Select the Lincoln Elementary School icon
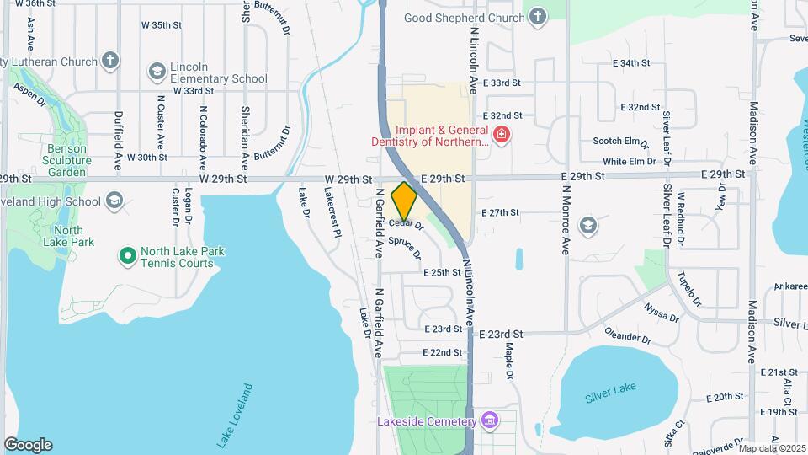tap(156, 72)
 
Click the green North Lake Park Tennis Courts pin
tap(127, 254)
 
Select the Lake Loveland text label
tap(235, 415)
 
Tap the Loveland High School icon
tap(114, 201)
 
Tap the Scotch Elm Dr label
tap(621, 142)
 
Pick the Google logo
tap(28, 445)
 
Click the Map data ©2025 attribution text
tap(772, 448)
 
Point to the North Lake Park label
tap(70, 236)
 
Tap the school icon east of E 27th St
tap(587, 224)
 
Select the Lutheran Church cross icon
tap(110, 61)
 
